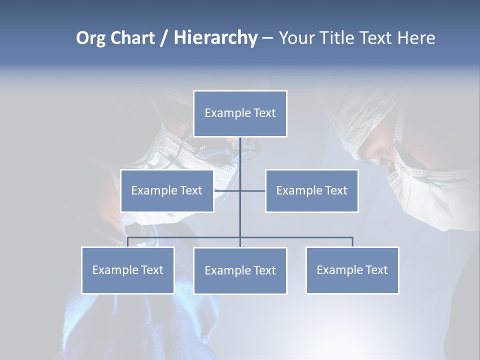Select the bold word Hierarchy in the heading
pyautogui.click(x=215, y=38)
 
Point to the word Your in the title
pyautogui.click(x=297, y=38)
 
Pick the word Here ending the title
pyautogui.click(x=416, y=38)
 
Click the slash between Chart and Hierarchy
pyautogui.click(x=164, y=38)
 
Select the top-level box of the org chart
pyautogui.click(x=240, y=113)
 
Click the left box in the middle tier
pyautogui.click(x=167, y=190)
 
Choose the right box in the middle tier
pyautogui.click(x=311, y=190)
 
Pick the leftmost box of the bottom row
pyautogui.click(x=127, y=270)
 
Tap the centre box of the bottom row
pyautogui.click(x=240, y=270)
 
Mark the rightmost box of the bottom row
pyautogui.click(x=352, y=270)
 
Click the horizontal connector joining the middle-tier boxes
pyautogui.click(x=252, y=190)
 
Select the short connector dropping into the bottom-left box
pyautogui.click(x=127, y=242)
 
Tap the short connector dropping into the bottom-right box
pyautogui.click(x=352, y=242)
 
